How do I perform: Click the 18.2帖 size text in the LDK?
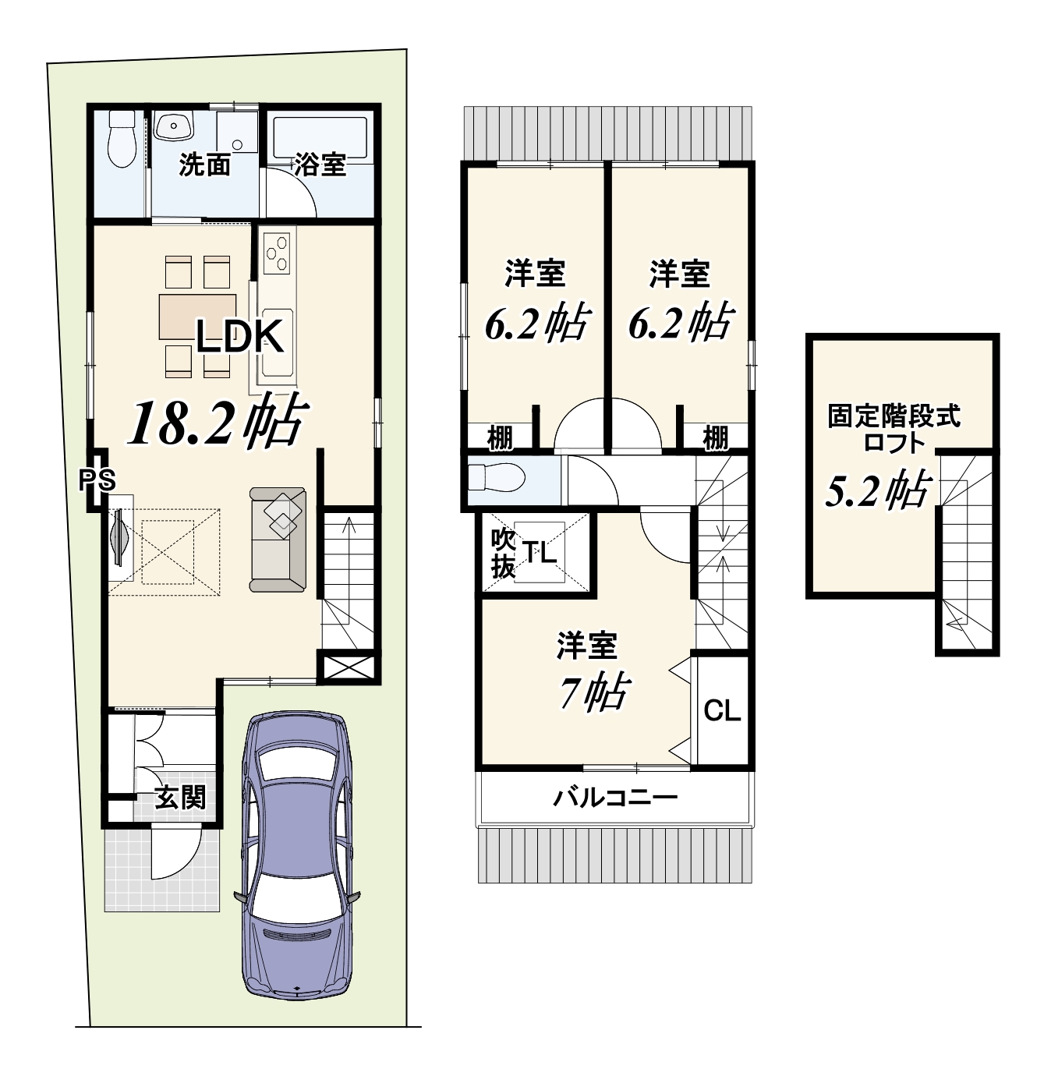coord(218,420)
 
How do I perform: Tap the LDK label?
coord(240,337)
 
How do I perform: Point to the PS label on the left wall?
coord(97,480)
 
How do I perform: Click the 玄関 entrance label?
coord(180,798)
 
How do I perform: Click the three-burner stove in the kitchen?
coord(276,253)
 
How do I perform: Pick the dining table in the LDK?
coord(197,317)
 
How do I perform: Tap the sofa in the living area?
coord(278,540)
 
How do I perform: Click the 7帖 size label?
coord(594,693)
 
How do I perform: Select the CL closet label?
coord(722,710)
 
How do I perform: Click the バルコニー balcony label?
coord(615,798)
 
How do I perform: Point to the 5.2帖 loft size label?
coord(876,490)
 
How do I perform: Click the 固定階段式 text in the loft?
coord(894,417)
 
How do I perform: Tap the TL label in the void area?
coord(539,552)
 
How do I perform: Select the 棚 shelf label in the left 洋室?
coord(500,438)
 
